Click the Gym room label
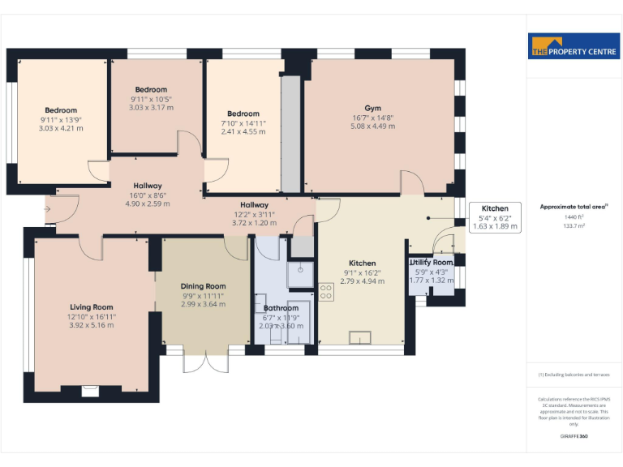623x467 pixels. (372, 108)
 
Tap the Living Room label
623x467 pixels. (91, 307)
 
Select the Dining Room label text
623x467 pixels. (203, 286)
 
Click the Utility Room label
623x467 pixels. (432, 263)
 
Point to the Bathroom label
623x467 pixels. (281, 308)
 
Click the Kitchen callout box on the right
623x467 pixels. (495, 217)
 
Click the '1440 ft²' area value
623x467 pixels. (574, 217)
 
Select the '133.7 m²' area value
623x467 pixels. (574, 226)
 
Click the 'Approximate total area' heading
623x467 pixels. (574, 207)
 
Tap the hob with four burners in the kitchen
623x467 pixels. (326, 292)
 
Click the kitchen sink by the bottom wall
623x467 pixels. (359, 338)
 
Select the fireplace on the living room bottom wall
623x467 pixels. (91, 390)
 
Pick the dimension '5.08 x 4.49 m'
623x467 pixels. (372, 126)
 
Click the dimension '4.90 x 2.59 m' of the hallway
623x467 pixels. (147, 204)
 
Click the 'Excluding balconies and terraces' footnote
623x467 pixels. (574, 375)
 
